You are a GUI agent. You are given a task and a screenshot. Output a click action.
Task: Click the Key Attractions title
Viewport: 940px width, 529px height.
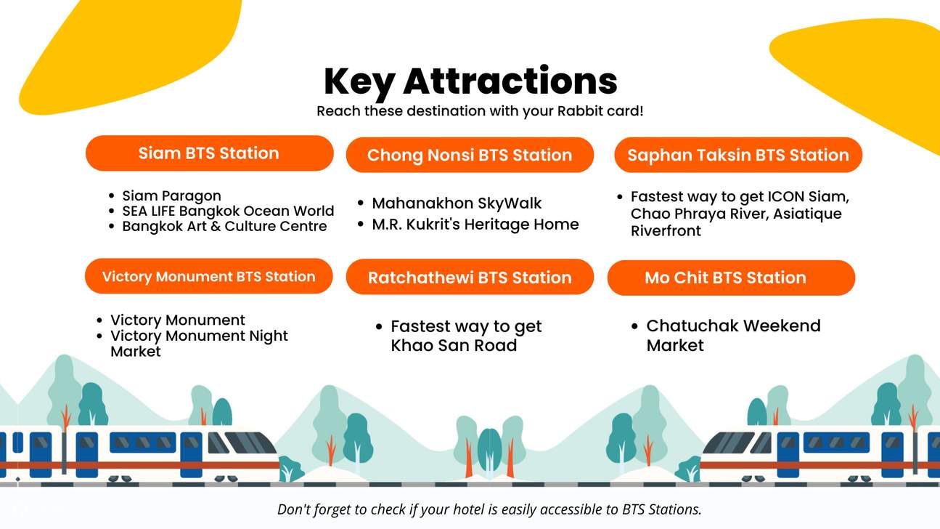click(470, 81)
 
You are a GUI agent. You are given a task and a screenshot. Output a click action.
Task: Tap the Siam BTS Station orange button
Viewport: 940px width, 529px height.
click(209, 153)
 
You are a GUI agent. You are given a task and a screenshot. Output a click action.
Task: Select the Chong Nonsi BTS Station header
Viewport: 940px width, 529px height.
click(470, 155)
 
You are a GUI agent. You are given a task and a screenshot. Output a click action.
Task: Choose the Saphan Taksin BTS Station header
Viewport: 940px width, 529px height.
click(737, 155)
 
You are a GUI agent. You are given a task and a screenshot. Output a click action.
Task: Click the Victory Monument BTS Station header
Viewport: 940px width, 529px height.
click(208, 277)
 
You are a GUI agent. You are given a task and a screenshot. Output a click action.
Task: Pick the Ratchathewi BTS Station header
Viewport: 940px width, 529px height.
click(470, 278)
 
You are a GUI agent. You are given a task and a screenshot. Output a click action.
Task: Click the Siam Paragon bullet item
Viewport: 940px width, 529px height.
click(171, 195)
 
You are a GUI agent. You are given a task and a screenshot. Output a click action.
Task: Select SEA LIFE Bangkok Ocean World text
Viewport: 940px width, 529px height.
click(228, 211)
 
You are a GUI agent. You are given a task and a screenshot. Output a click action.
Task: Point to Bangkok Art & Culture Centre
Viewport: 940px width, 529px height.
click(224, 226)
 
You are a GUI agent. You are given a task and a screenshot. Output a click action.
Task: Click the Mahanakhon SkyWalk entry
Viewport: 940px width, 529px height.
click(457, 203)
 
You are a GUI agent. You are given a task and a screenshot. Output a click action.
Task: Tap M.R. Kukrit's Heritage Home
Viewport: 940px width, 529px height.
click(475, 225)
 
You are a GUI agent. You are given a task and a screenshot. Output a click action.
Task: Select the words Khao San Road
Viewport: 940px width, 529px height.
click(454, 346)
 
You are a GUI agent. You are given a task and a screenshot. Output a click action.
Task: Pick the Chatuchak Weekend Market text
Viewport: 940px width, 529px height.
click(733, 335)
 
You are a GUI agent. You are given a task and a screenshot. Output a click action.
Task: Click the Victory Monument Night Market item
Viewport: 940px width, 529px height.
click(199, 343)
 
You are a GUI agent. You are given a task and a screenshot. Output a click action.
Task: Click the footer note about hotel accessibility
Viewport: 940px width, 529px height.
click(489, 509)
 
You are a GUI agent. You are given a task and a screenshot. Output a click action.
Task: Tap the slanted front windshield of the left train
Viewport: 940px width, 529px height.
click(247, 443)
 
